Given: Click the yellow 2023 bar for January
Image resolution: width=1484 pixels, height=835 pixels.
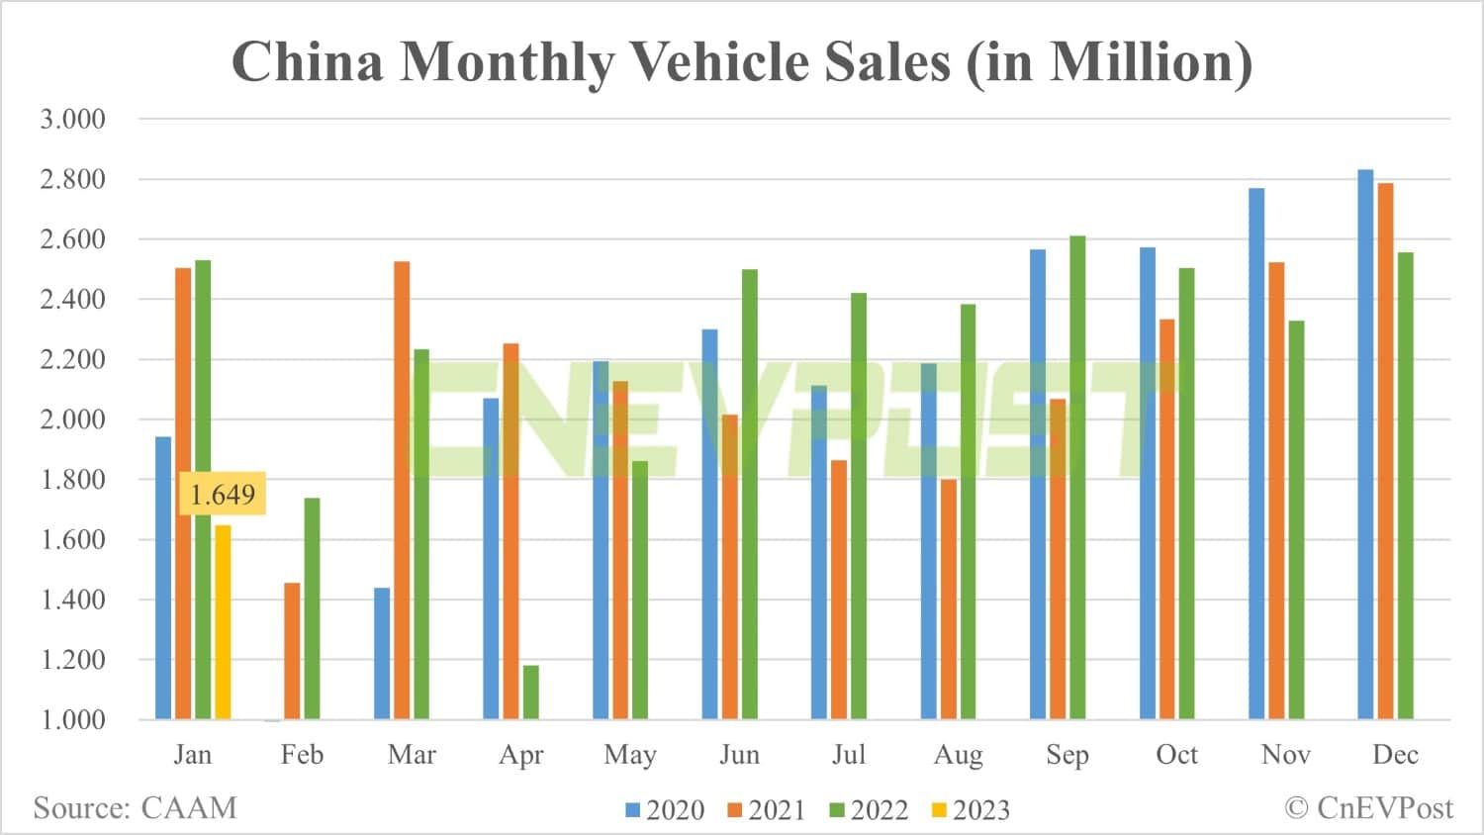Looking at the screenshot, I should pos(223,621).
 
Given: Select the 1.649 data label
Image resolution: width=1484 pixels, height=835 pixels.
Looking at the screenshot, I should pos(223,494).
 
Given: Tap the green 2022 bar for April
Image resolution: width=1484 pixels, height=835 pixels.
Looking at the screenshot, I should pos(531,692).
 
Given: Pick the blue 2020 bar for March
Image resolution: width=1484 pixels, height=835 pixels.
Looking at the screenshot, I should pos(382,653).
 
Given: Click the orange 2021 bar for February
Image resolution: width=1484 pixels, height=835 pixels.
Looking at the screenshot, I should pos(292,650).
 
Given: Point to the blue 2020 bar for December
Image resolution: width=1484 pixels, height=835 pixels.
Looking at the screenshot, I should pos(1365,444).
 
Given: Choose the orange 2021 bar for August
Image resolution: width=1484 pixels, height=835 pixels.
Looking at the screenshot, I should pos(948,599).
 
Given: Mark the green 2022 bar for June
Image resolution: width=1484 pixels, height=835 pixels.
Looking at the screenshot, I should pos(750,494).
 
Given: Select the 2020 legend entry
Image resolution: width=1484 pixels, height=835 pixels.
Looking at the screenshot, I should pos(665,810).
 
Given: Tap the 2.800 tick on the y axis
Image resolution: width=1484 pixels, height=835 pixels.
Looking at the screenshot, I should pos(72,179).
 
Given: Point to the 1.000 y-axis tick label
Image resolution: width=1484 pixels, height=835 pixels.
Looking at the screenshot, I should pos(72,719).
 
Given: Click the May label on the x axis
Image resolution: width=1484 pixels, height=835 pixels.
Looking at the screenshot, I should pos(630,755).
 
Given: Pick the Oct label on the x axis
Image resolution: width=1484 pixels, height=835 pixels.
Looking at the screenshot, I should pos(1176,755).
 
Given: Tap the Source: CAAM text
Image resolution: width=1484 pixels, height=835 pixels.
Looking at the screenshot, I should pos(136,807).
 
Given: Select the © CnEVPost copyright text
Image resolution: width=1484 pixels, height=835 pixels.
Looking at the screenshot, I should pos(1369,807).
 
